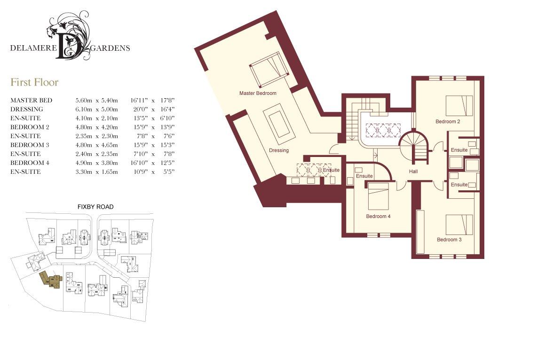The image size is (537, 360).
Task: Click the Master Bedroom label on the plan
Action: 258,93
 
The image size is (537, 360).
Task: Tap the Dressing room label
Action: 279,150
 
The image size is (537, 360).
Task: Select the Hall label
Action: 413,172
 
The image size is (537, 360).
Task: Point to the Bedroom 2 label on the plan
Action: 448,121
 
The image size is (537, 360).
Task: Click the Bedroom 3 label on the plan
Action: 449,240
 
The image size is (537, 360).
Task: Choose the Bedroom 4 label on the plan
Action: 378,216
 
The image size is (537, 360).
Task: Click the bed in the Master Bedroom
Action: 269,70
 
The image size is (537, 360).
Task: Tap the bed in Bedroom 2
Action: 459,106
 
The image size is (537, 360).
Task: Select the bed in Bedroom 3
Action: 459,225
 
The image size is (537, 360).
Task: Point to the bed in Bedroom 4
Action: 379,196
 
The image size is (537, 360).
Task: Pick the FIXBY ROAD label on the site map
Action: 95,207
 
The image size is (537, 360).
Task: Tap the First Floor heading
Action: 34,82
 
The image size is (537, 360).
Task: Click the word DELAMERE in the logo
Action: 33,48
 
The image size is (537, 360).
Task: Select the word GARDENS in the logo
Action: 110,48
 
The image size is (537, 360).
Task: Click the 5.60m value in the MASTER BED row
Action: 84,100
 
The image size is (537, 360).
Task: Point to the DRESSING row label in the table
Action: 27,109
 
